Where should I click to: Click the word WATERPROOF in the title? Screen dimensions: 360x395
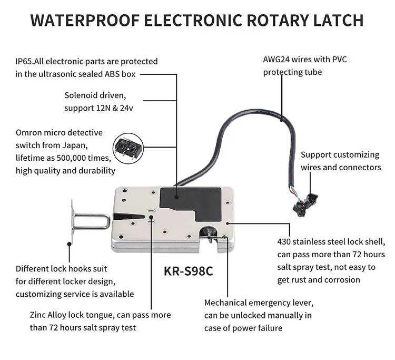(x=85, y=21)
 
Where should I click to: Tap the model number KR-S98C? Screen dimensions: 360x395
(x=187, y=272)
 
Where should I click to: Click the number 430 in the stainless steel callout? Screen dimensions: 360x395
(x=285, y=242)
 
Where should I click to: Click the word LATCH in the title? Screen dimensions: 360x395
(x=338, y=21)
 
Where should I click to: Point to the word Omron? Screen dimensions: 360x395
(x=30, y=132)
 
